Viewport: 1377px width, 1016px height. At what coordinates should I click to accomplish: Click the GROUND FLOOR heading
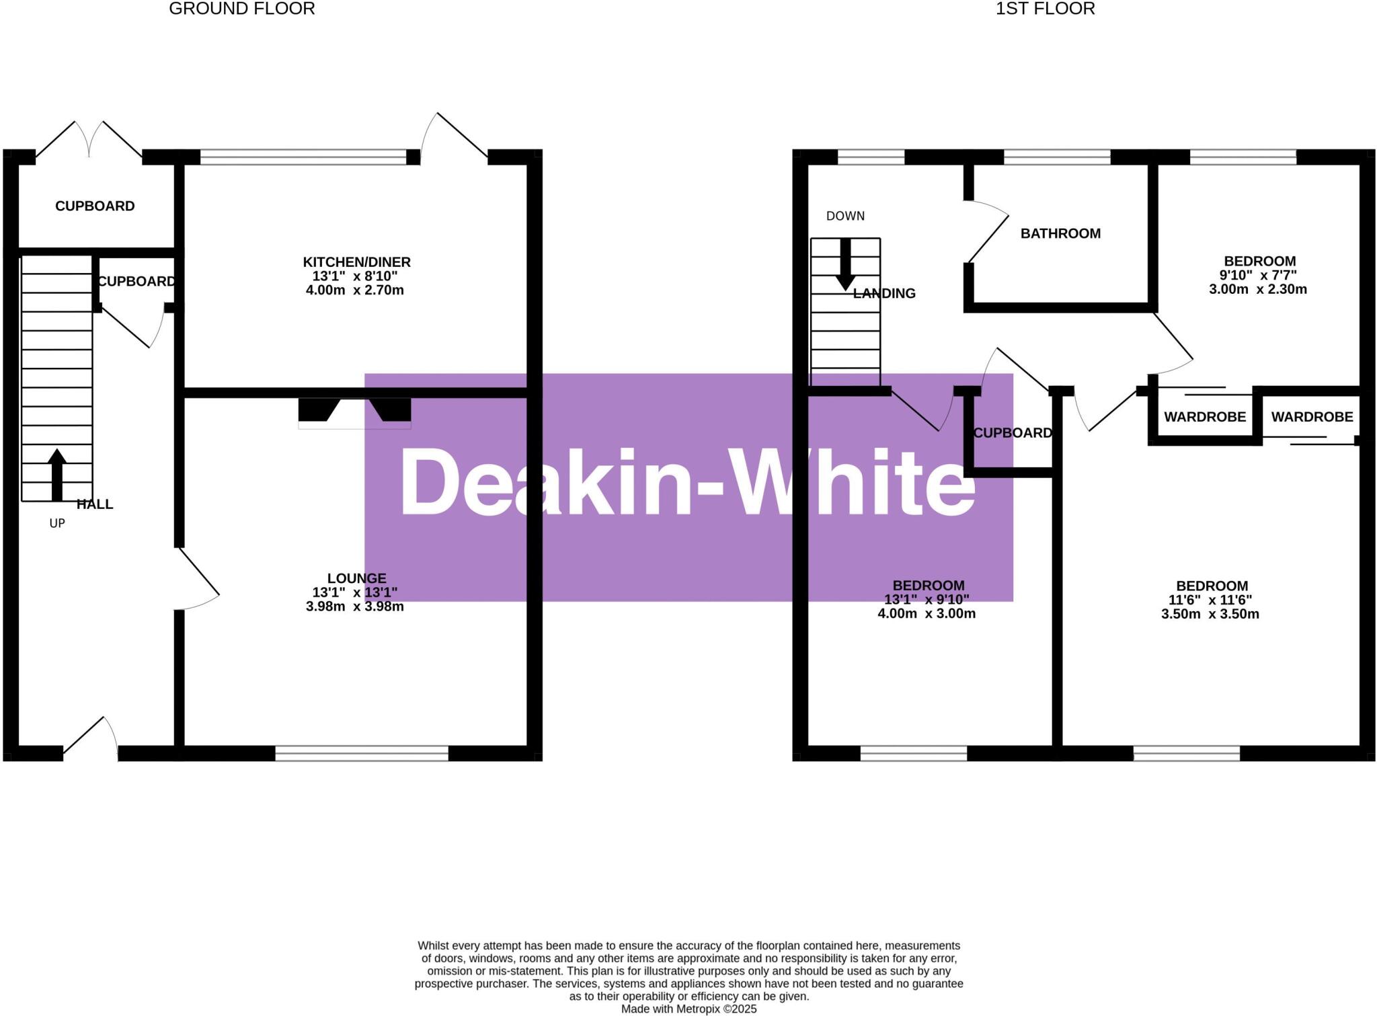pos(241,9)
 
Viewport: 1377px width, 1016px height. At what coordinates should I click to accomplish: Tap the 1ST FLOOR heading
pos(1045,9)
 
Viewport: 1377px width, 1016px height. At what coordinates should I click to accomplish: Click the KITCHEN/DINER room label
pos(356,262)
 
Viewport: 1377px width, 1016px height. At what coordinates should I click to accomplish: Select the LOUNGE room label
pos(356,578)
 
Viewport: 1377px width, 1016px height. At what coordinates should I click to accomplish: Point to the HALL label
pos(95,504)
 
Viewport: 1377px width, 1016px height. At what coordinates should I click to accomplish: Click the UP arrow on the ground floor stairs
pos(57,475)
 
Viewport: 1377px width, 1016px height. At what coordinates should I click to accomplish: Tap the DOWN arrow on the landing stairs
pos(845,264)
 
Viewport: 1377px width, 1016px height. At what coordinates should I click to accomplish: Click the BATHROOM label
pos(1060,233)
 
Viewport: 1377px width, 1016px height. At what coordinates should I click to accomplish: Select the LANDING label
pos(884,293)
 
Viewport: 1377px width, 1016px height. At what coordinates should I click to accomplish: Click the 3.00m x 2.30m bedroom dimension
pos(1257,290)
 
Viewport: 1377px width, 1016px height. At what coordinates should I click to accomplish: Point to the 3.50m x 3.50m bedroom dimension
pos(1210,614)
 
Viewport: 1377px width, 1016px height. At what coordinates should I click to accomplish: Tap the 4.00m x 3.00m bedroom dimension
pos(927,614)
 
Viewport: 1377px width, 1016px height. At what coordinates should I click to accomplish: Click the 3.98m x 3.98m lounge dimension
pos(354,607)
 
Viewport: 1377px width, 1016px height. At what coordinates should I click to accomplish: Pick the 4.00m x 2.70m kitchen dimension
pos(354,290)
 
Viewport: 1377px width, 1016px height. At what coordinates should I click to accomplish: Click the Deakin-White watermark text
pos(687,483)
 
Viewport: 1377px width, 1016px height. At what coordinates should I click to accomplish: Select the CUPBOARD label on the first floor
pos(1013,433)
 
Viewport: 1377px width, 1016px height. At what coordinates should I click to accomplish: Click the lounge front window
pos(362,753)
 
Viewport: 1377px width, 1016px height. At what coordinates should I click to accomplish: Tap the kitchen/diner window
pos(303,157)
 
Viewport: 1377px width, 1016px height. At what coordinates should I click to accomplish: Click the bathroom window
pos(1057,157)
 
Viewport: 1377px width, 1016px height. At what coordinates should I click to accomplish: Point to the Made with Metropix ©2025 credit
pos(688,1009)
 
